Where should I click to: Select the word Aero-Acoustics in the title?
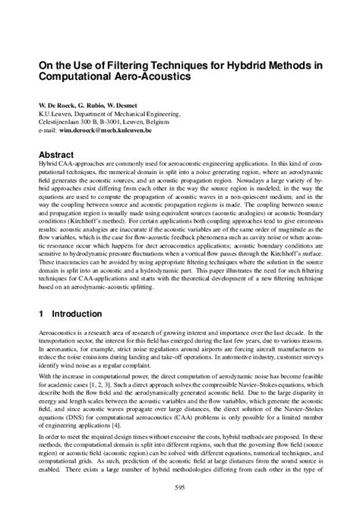(142, 77)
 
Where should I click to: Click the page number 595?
(180, 487)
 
